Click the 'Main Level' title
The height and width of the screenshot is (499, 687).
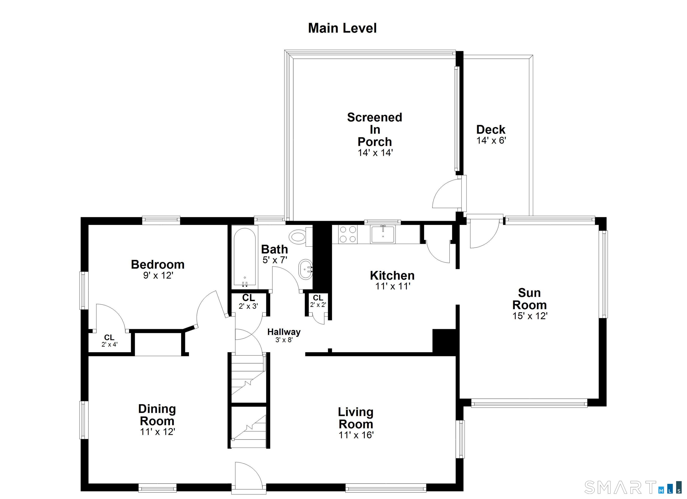(342, 28)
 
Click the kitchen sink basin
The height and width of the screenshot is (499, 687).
(383, 235)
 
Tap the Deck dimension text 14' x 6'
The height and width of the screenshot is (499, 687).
(491, 140)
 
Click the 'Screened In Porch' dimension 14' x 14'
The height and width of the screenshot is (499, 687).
(375, 153)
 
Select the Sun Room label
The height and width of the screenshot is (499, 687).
(530, 299)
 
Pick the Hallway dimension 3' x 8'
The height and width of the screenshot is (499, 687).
(284, 340)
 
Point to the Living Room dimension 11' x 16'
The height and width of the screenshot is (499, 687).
(356, 435)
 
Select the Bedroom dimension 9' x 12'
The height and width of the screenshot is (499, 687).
(158, 275)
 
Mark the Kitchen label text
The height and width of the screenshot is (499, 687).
(392, 275)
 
